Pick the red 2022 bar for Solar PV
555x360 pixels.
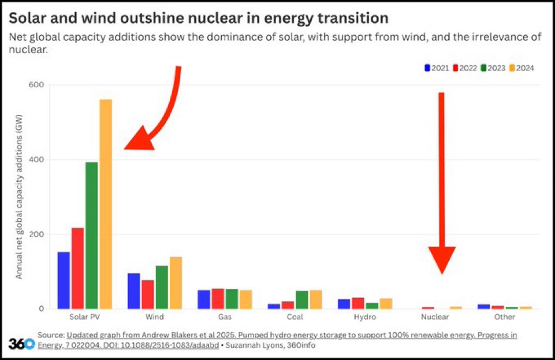(x=77, y=268)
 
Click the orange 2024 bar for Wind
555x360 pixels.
(x=176, y=283)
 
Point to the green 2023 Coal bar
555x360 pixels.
(x=302, y=299)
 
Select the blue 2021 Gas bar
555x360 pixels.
(x=204, y=299)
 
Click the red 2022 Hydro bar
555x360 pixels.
(x=358, y=303)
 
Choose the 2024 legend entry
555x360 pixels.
(x=522, y=68)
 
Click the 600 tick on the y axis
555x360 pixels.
(x=36, y=85)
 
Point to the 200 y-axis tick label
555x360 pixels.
(x=36, y=234)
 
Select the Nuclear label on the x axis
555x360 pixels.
(x=435, y=317)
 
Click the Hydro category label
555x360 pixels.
(x=365, y=317)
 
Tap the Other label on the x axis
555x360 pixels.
(x=505, y=317)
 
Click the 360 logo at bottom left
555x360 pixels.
(x=21, y=343)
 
